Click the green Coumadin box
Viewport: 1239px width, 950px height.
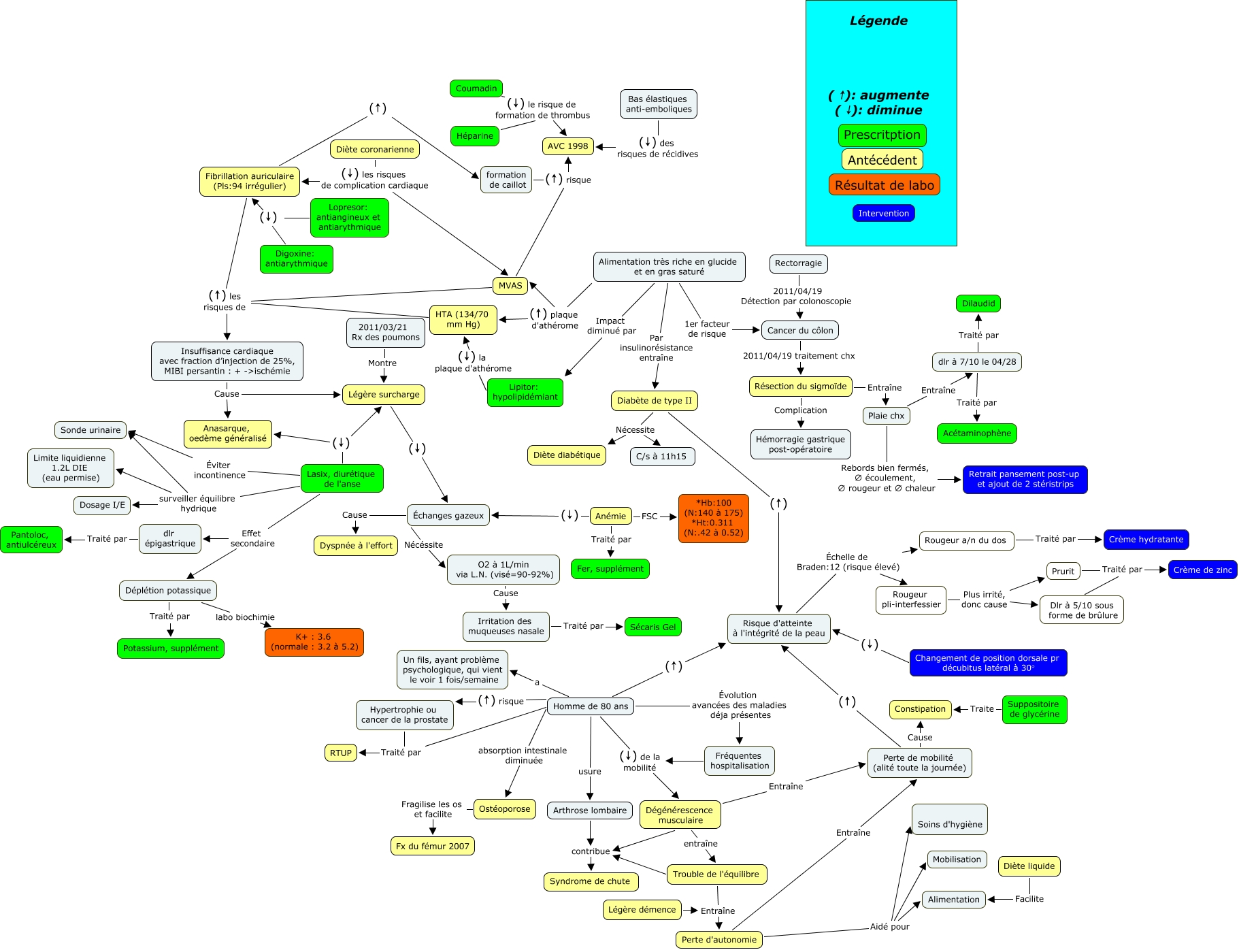point(476,88)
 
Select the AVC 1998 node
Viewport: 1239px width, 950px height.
point(567,146)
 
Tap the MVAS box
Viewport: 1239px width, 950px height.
point(510,286)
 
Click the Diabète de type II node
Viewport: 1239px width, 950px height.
point(654,401)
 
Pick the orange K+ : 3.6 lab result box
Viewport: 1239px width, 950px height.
point(314,642)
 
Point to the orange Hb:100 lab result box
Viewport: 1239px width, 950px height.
point(713,518)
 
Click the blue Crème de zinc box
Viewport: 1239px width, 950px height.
point(1202,570)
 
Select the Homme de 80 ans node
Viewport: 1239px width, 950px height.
point(590,706)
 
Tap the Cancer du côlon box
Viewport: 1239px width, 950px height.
point(799,331)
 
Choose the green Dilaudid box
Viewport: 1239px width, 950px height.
point(978,304)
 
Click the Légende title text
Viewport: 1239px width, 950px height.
point(878,21)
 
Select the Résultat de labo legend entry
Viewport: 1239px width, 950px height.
point(884,185)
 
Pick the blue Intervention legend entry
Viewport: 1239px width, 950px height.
point(883,214)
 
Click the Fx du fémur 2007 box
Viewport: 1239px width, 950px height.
point(432,847)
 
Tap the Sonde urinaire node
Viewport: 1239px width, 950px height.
point(90,430)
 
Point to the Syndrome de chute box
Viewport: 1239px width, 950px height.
point(590,881)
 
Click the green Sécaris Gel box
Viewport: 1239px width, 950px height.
point(652,627)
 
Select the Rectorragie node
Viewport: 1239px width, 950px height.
point(798,263)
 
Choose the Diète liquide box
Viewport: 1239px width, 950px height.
point(1029,866)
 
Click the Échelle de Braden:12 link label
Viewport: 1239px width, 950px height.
point(847,562)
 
